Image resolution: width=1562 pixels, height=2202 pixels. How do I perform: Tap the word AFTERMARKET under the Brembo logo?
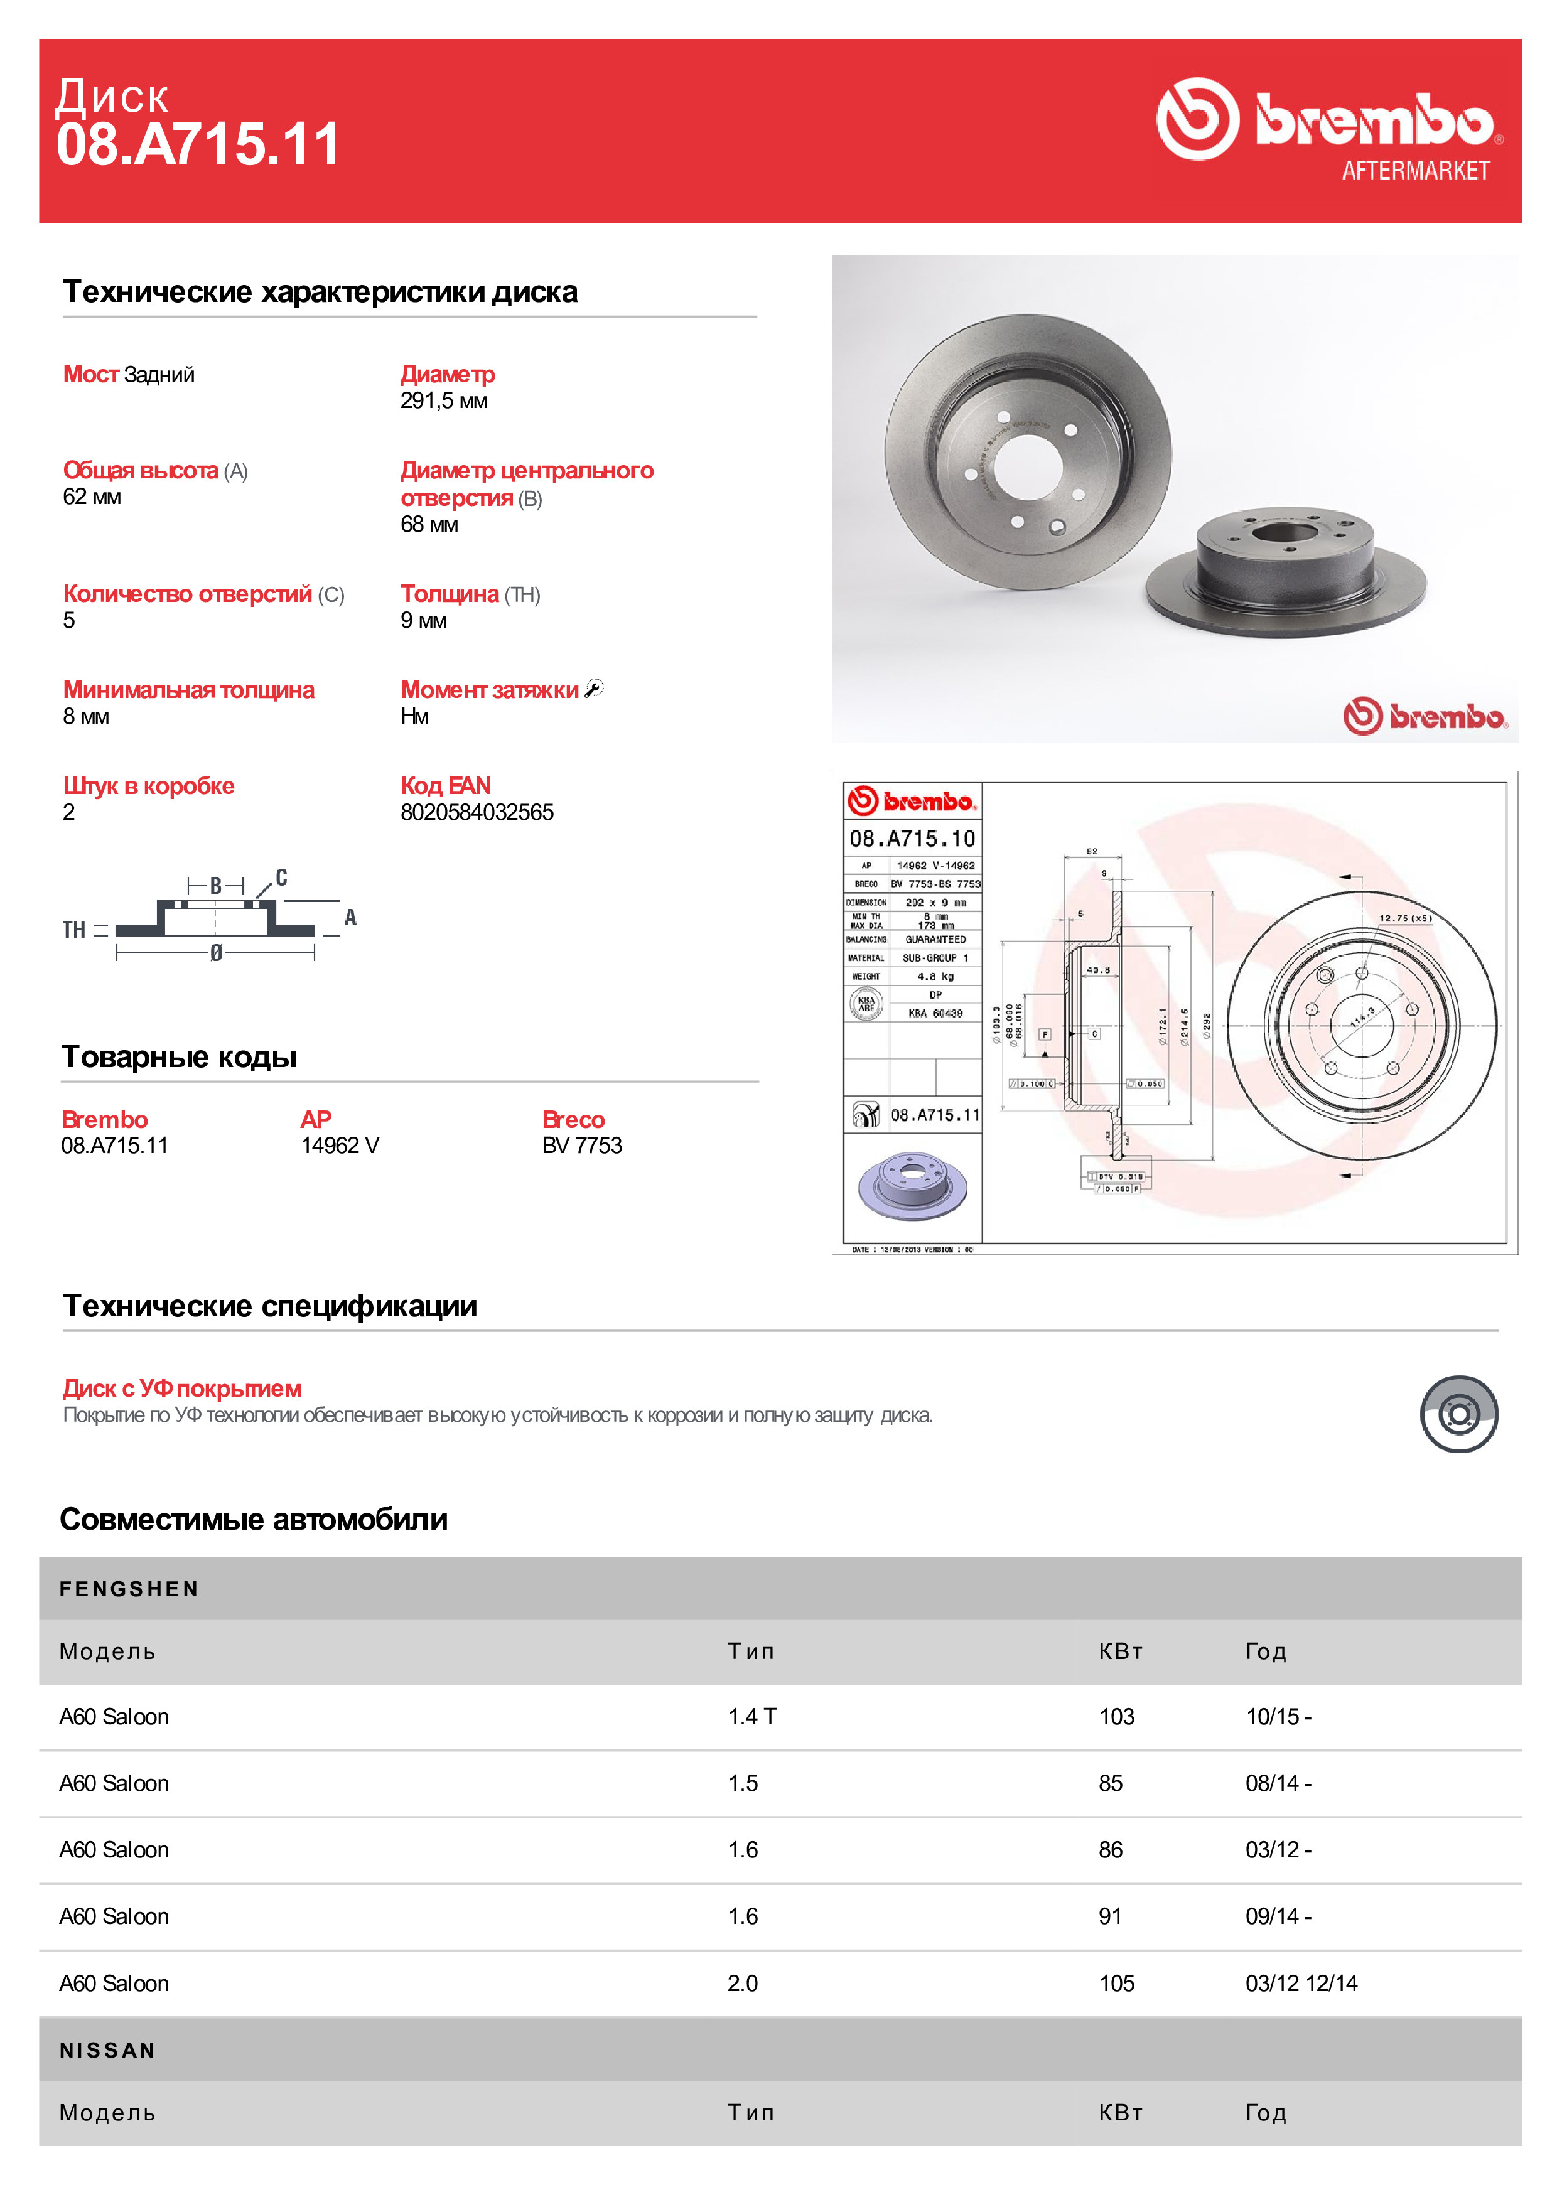point(1415,171)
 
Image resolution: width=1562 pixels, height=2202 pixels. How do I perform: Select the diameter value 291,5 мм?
point(443,401)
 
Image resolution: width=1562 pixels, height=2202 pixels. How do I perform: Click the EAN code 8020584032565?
point(477,812)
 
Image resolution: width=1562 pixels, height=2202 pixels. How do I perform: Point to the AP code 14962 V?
point(340,1145)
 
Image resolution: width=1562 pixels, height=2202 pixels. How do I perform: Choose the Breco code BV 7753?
point(582,1145)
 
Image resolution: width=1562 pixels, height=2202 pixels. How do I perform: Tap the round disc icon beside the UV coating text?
point(1458,1414)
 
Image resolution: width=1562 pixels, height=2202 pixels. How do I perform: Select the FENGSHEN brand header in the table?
point(129,1589)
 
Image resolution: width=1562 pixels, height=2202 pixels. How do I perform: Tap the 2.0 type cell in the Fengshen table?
point(743,1983)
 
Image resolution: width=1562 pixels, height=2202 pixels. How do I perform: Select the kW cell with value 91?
point(1110,1916)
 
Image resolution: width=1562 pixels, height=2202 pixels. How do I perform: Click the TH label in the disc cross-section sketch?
point(74,930)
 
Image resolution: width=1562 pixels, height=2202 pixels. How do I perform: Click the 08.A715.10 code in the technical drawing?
point(912,839)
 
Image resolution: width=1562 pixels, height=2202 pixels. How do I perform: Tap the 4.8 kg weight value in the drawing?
point(935,976)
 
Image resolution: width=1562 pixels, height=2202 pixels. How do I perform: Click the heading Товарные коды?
point(179,1057)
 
